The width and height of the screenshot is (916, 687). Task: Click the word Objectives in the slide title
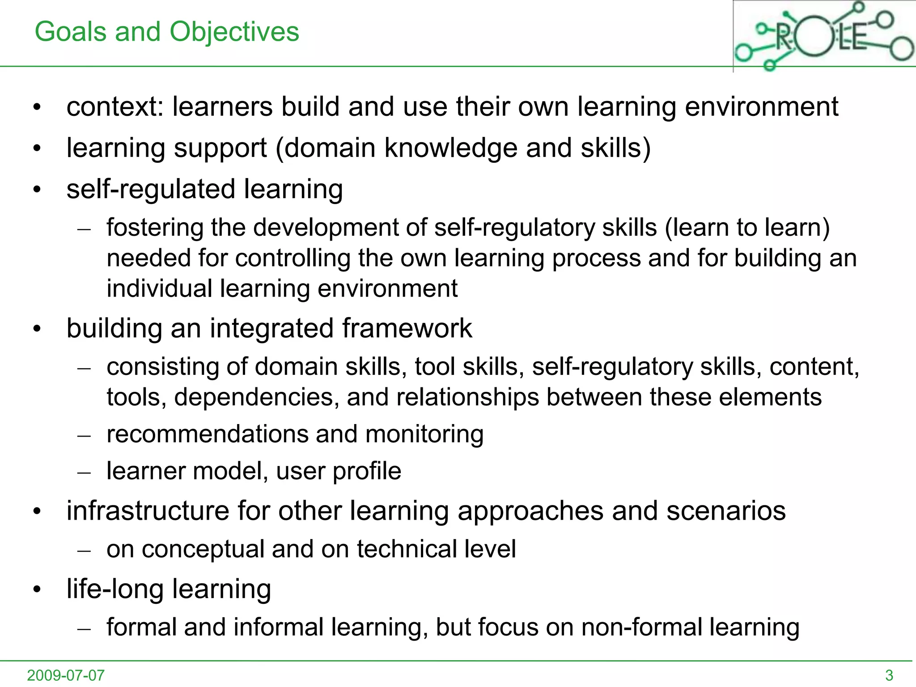coord(234,32)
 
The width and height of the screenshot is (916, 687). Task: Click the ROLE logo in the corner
coord(824,36)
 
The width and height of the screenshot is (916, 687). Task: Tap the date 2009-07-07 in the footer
coord(66,675)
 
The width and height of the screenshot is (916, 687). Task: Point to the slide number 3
coord(889,675)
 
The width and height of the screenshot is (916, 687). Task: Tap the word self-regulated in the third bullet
coord(151,189)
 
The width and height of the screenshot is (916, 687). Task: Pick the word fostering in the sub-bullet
coord(155,228)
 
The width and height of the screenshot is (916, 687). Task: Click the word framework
coord(407,328)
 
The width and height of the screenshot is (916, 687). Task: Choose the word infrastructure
coord(148,511)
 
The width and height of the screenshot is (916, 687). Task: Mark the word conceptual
coord(203,549)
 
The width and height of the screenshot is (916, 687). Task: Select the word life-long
coord(115,589)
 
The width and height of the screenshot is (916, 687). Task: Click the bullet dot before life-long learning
coord(37,590)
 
